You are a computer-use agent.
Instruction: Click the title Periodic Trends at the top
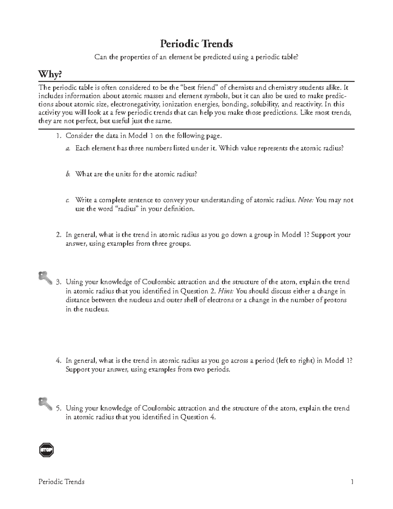click(x=196, y=43)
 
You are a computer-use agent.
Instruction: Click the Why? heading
click(x=50, y=75)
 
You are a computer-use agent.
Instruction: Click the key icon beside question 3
click(x=45, y=278)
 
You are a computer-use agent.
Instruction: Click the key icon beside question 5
click(x=45, y=403)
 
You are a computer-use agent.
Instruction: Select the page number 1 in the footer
click(x=352, y=481)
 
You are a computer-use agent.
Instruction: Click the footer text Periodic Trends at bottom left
click(x=62, y=481)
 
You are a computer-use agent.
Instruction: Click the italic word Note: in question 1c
click(x=306, y=200)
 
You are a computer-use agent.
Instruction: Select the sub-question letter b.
click(x=67, y=174)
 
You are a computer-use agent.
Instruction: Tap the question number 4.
click(x=58, y=361)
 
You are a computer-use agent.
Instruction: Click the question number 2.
click(x=58, y=235)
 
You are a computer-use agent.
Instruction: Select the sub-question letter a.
click(x=67, y=148)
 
